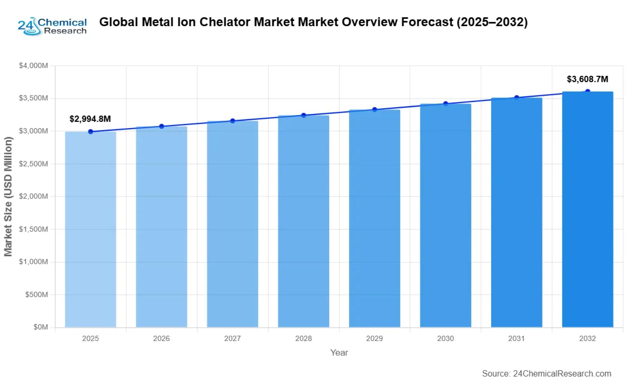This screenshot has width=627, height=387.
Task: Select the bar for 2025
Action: point(90,229)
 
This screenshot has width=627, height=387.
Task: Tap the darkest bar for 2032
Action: point(587,209)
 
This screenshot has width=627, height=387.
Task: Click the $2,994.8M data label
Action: point(90,119)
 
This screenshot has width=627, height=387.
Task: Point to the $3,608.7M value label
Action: point(587,79)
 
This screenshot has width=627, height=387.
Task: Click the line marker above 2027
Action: point(233,121)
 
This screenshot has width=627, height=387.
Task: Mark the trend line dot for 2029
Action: point(375,109)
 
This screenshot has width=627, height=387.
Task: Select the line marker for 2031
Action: point(517,98)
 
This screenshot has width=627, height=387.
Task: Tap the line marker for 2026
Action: point(162,126)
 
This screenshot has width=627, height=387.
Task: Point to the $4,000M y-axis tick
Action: point(33,66)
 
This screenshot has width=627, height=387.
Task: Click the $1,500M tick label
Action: point(33,229)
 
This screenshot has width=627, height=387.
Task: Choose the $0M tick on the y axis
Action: point(40,327)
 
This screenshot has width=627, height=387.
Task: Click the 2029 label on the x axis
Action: point(374,339)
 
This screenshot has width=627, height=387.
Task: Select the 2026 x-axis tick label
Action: point(161,339)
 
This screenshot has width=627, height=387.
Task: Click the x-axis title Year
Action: point(339,353)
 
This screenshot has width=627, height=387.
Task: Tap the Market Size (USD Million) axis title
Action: point(8,196)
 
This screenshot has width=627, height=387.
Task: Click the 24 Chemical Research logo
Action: point(52,26)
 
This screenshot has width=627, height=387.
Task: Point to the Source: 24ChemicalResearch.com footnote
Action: point(546,374)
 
